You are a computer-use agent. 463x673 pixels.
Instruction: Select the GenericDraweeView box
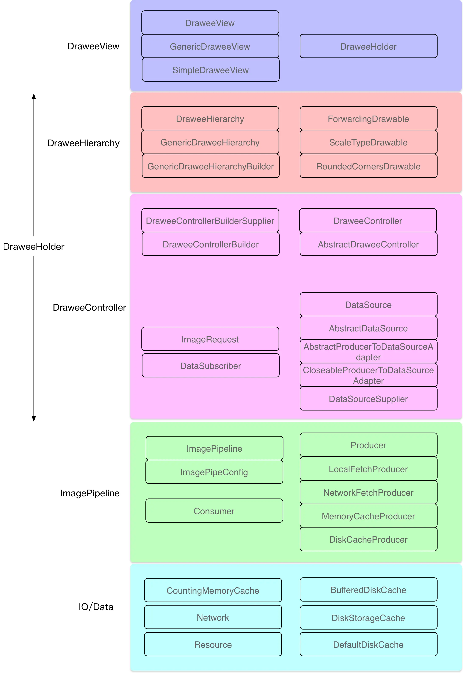pyautogui.click(x=210, y=46)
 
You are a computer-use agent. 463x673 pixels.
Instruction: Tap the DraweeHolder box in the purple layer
pyautogui.click(x=368, y=46)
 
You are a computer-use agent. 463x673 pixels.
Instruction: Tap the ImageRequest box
pyautogui.click(x=210, y=339)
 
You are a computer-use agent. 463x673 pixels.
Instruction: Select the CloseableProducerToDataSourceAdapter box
pyautogui.click(x=368, y=375)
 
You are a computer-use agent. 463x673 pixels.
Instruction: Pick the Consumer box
pyautogui.click(x=214, y=511)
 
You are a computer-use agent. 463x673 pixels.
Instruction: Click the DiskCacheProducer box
pyautogui.click(x=368, y=539)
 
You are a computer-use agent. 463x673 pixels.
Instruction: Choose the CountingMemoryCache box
pyautogui.click(x=213, y=590)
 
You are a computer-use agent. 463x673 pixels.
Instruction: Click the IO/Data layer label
pyautogui.click(x=96, y=607)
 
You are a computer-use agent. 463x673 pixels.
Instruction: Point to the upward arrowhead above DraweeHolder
pyautogui.click(x=34, y=96)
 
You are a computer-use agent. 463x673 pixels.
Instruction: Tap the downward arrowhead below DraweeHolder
pyautogui.click(x=34, y=419)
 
